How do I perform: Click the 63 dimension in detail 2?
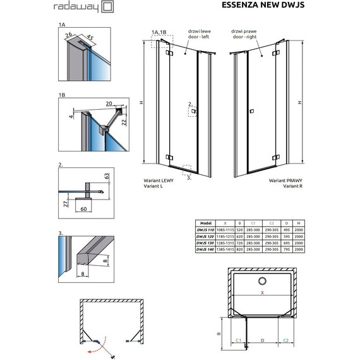click(x=108, y=175)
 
